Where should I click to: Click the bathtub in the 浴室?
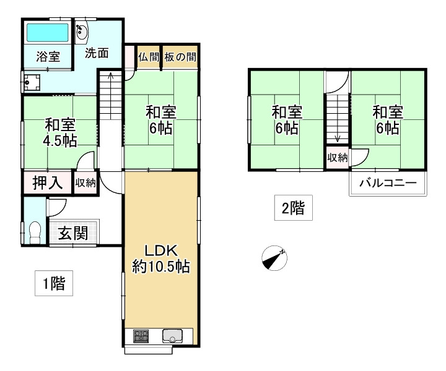coord(48,32)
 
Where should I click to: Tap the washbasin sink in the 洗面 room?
coord(82,32)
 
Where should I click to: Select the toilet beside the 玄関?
coord(35,232)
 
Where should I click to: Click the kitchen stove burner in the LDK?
coord(141,336)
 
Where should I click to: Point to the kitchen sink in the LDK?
coord(173,336)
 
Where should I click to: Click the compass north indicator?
coord(274,258)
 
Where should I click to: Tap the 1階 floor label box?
coord(54,283)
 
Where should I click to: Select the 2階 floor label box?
coord(293,208)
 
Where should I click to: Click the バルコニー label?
coord(388,182)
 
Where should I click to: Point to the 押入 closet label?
coord(48,182)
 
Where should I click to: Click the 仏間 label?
coord(149,57)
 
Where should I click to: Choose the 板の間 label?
coord(180,57)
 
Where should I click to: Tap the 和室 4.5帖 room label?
coord(60,132)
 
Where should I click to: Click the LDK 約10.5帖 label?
coord(161,258)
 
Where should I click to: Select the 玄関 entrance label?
coord(73,233)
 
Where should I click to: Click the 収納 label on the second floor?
coord(338,157)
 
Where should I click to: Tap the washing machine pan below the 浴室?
coord(32,83)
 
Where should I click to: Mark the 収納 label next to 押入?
coord(85,183)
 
